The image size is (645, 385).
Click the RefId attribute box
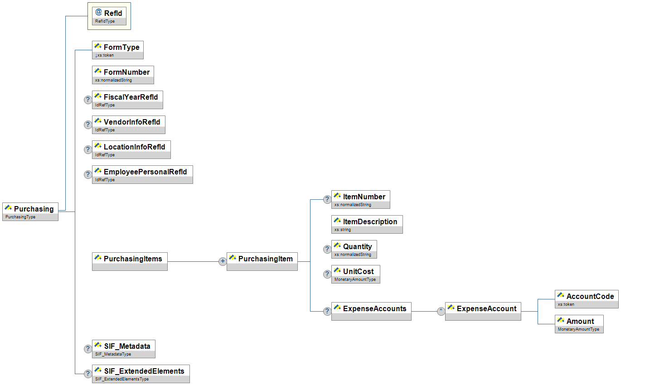pyautogui.click(x=109, y=16)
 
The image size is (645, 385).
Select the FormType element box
pyautogui.click(x=118, y=50)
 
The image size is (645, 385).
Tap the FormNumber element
pyautogui.click(x=123, y=75)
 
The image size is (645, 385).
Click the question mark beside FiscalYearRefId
pyautogui.click(x=88, y=100)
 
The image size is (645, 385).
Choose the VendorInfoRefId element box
pyautogui.click(x=128, y=125)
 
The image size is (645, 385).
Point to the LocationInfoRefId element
pyautogui.click(x=131, y=149)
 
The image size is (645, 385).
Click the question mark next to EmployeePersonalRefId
pyautogui.click(x=88, y=174)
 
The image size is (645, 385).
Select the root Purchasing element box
pyautogui.click(x=30, y=212)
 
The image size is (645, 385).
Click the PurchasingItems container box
pyautogui.click(x=130, y=261)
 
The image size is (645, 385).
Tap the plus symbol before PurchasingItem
pyautogui.click(x=223, y=261)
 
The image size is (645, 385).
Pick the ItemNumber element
pyautogui.click(x=360, y=199)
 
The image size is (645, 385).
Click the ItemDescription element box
pyautogui.click(x=367, y=224)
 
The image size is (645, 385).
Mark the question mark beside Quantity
pyautogui.click(x=327, y=249)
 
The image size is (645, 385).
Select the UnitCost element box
pyautogui.click(x=355, y=274)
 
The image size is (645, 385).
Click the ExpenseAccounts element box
pyautogui.click(x=371, y=311)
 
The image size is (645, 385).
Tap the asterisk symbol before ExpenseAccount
pyautogui.click(x=441, y=311)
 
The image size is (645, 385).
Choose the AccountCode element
pyautogui.click(x=587, y=299)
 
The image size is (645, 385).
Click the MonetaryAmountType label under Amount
pyautogui.click(x=578, y=329)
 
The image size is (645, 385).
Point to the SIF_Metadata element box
pyautogui.click(x=123, y=349)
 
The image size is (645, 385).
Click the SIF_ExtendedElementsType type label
pyautogui.click(x=122, y=379)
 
